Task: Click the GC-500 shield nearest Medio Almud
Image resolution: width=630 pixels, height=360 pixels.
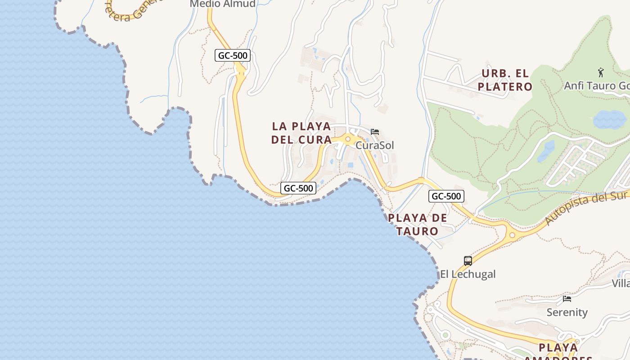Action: (232, 55)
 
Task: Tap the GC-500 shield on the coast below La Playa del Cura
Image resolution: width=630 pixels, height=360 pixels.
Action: (298, 188)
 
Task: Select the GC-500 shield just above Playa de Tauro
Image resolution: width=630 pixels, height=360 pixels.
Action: (446, 196)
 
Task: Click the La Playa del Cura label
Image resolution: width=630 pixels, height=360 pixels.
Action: (301, 133)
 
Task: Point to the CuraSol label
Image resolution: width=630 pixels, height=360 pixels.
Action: (374, 145)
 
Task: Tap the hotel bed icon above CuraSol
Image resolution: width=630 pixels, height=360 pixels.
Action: (374, 132)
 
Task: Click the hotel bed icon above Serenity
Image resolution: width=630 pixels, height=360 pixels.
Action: (567, 298)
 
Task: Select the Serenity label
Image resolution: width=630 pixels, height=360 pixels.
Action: (567, 312)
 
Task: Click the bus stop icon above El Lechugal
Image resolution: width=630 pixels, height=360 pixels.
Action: (468, 261)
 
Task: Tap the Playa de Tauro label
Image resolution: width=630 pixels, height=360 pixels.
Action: (417, 225)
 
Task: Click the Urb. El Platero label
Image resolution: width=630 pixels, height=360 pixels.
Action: (505, 80)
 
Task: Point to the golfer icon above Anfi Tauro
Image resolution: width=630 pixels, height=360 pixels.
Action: (600, 72)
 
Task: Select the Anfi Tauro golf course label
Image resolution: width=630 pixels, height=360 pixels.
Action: (596, 85)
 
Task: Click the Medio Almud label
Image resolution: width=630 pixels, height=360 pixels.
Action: (222, 4)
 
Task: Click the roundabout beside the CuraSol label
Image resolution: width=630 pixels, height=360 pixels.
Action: (347, 139)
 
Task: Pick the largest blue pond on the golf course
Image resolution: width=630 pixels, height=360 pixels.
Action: (609, 120)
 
